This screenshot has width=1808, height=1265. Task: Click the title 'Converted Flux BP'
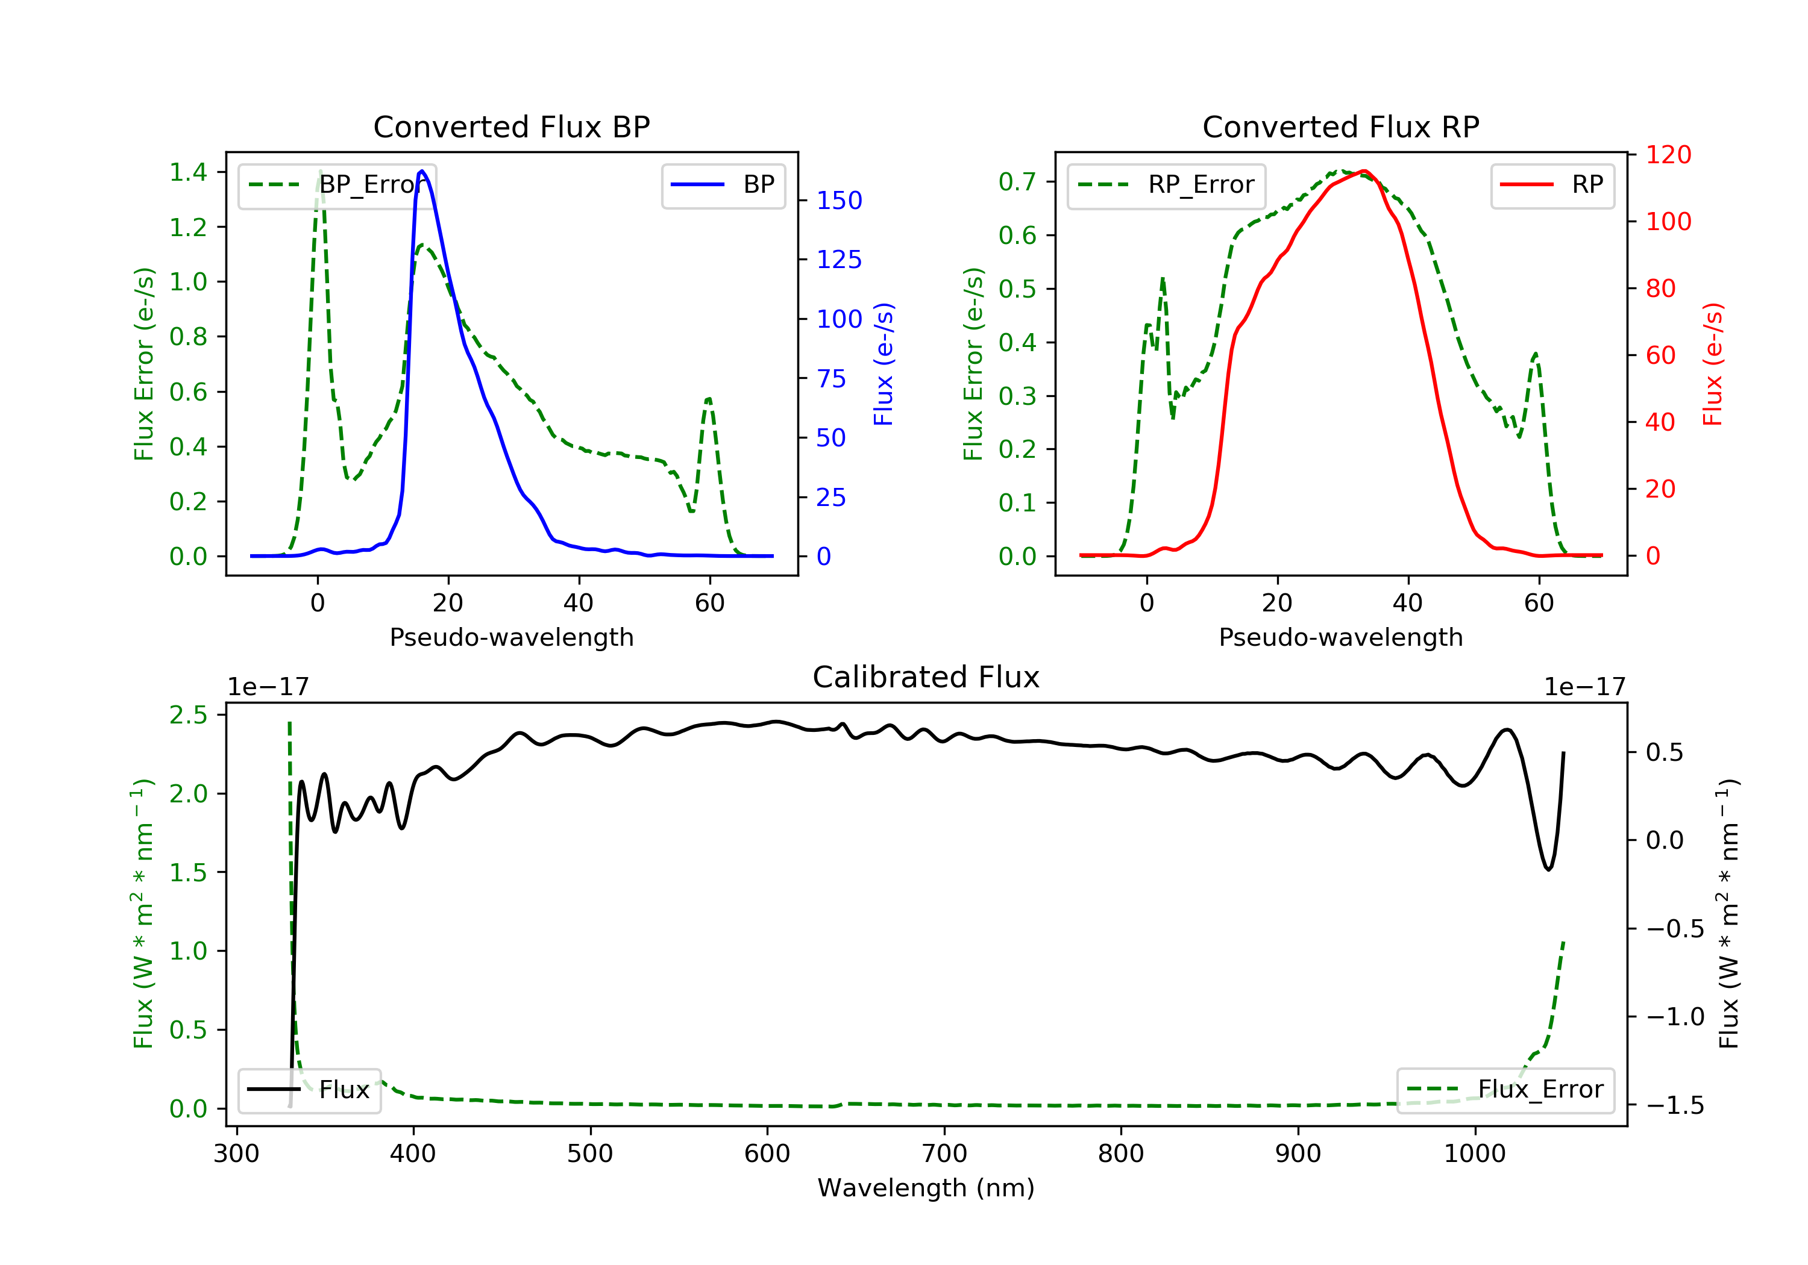(511, 126)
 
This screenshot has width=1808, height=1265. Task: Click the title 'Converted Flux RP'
(1340, 126)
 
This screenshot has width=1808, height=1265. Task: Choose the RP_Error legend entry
(1166, 185)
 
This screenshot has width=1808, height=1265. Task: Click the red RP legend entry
(1552, 185)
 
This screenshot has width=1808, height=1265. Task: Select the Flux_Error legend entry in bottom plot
(1505, 1090)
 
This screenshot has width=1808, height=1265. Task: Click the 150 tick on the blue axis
(839, 201)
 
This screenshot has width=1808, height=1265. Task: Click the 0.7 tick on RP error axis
(1017, 182)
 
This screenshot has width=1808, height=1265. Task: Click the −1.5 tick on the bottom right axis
(1675, 1105)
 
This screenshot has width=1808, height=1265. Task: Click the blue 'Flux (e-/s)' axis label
(884, 364)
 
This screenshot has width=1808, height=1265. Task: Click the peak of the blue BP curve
(422, 171)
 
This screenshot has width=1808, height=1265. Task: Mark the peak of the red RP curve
(1363, 171)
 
